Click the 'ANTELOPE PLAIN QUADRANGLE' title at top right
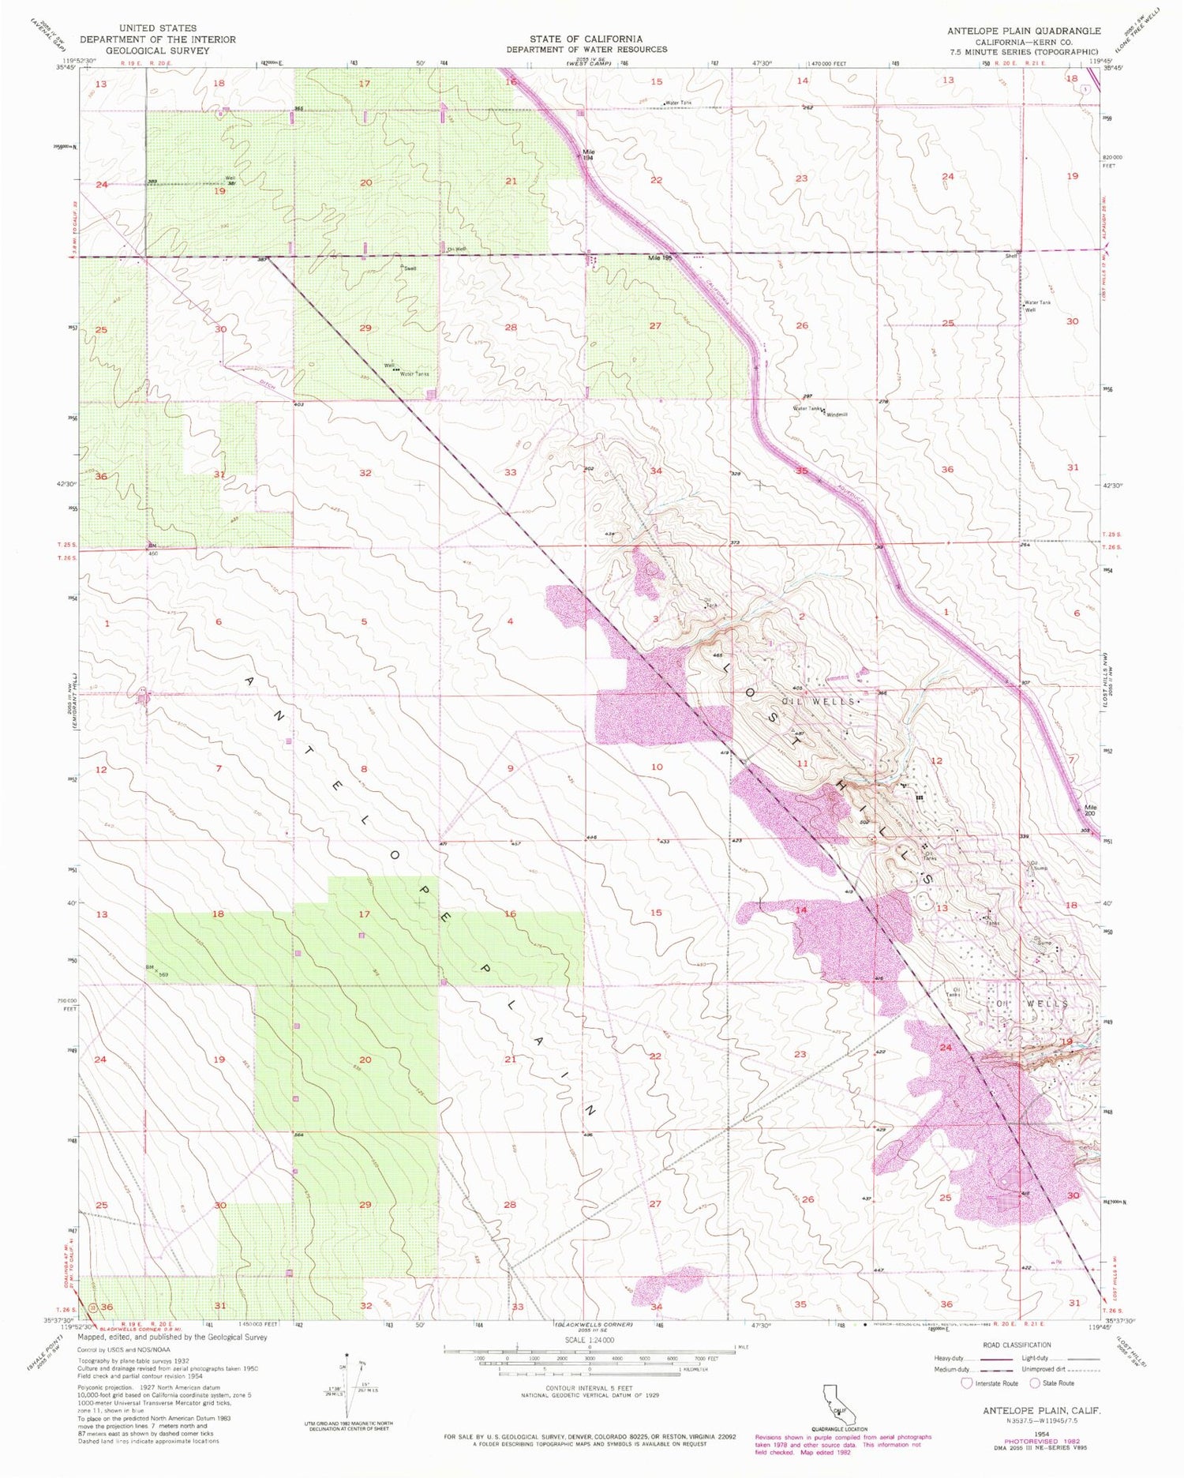(1024, 30)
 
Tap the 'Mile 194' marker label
(588, 155)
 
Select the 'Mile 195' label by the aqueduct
(659, 258)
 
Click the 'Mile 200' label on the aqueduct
(1090, 810)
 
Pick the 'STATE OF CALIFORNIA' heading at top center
(586, 39)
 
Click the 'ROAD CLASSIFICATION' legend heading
(1017, 1345)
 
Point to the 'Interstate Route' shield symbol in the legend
(966, 1383)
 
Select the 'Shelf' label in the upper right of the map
(1011, 256)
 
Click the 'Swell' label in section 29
(410, 268)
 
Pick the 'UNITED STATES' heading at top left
(158, 28)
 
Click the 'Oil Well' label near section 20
(456, 249)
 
